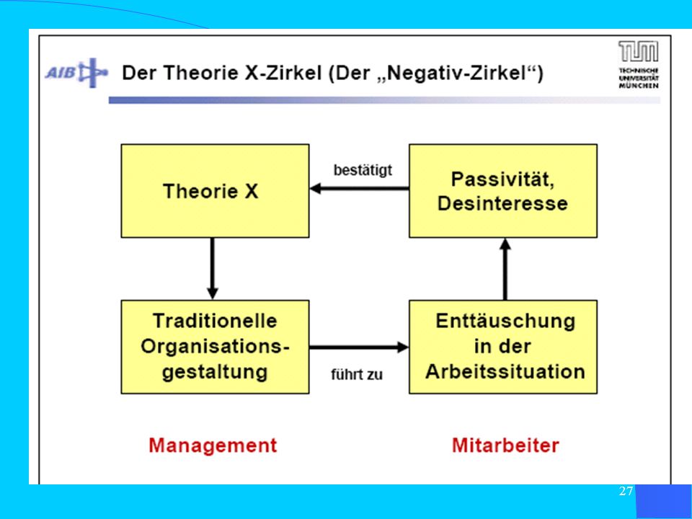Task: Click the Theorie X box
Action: pos(215,190)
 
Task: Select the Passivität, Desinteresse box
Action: pos(503,190)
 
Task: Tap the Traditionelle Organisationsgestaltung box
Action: pos(215,347)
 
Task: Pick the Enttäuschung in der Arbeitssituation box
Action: pos(503,347)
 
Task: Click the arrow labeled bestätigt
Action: pos(359,189)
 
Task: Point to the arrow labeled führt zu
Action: pos(359,347)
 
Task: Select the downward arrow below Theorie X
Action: pos(212,269)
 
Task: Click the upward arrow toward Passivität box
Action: pos(505,269)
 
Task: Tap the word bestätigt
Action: pos(363,170)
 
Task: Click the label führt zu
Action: pos(357,375)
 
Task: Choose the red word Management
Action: pos(213,445)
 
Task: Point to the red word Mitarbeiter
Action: pos(505,445)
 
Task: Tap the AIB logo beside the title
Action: pos(76,73)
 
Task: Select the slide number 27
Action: pos(626,491)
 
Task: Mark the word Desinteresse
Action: pos(502,203)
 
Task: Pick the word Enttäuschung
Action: pos(505,321)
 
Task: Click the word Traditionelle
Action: pos(215,321)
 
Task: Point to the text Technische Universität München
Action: pos(638,78)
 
